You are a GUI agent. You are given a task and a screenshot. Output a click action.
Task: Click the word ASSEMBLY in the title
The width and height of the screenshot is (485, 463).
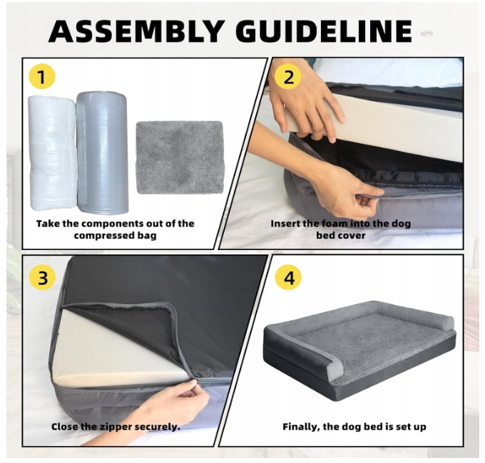click(136, 31)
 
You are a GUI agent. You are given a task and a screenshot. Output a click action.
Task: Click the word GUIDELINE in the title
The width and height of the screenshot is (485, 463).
click(326, 31)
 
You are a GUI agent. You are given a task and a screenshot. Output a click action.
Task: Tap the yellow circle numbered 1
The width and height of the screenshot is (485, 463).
click(42, 76)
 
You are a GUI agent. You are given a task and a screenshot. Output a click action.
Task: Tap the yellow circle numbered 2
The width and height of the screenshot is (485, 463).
click(288, 76)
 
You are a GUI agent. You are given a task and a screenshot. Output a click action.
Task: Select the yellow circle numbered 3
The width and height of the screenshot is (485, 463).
click(42, 277)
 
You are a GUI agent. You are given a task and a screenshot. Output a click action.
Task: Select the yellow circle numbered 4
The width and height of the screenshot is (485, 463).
click(289, 277)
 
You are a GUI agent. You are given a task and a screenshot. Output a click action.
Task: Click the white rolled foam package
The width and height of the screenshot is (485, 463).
click(53, 152)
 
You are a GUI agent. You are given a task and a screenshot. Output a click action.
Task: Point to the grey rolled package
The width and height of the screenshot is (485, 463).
click(102, 152)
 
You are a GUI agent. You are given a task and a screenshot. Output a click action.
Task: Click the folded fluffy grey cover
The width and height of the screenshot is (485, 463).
click(180, 157)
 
